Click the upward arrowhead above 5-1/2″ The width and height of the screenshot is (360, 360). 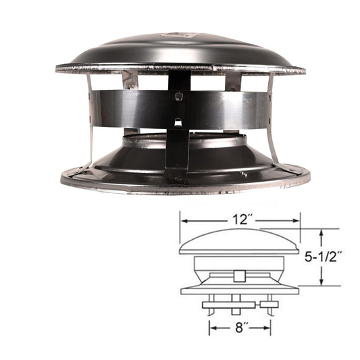[324, 233]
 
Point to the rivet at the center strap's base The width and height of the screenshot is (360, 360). [178, 178]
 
